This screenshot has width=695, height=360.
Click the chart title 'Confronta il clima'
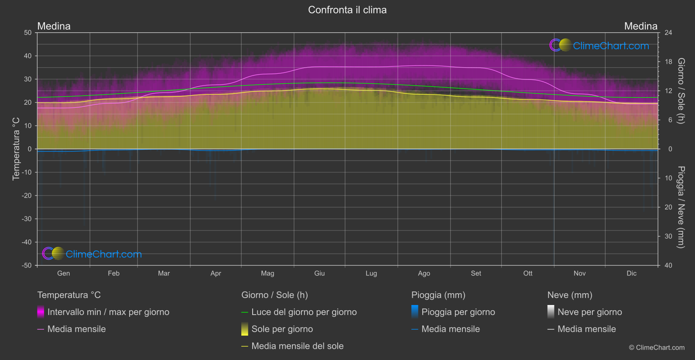point(347,10)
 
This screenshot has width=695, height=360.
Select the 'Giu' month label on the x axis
point(319,273)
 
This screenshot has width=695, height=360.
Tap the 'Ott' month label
point(528,273)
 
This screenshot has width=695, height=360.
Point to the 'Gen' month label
point(63,273)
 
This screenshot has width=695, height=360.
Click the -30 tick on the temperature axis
point(27,219)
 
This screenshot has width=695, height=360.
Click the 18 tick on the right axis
point(668,62)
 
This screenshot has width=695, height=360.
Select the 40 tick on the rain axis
point(668,265)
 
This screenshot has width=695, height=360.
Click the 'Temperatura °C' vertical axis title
point(16,149)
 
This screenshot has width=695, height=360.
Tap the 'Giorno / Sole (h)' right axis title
point(681,91)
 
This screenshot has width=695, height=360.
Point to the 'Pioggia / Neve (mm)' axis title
point(681,207)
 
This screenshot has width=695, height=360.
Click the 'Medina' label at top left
point(54,26)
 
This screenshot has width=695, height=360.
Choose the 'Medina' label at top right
point(640,26)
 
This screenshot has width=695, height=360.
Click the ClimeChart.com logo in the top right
point(599,45)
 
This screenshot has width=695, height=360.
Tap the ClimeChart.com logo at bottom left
point(92,254)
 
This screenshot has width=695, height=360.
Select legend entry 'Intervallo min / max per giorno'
point(108,312)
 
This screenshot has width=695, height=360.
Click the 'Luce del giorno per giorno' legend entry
point(304,312)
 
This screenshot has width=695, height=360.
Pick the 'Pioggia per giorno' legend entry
point(458,312)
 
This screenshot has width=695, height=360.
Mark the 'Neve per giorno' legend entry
point(589,312)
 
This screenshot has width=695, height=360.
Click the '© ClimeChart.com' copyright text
point(657,348)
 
